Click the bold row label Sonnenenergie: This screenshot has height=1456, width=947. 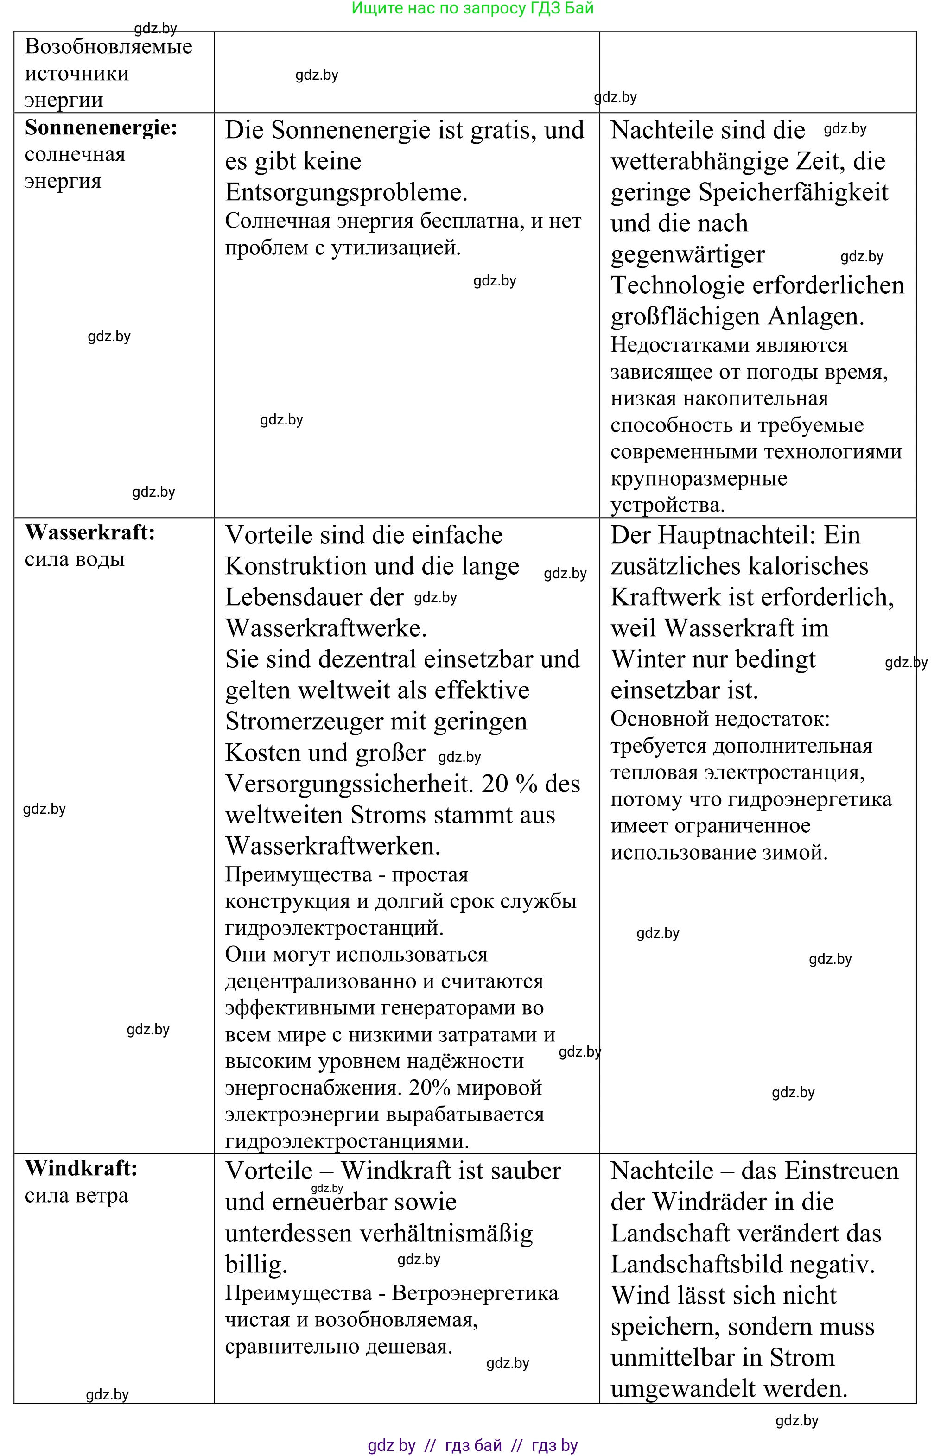[x=101, y=127]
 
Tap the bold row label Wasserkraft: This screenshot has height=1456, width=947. [x=90, y=532]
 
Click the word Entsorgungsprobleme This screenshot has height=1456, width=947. [x=346, y=192]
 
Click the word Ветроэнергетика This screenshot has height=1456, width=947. [x=475, y=1293]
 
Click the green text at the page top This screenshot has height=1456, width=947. [x=472, y=8]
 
